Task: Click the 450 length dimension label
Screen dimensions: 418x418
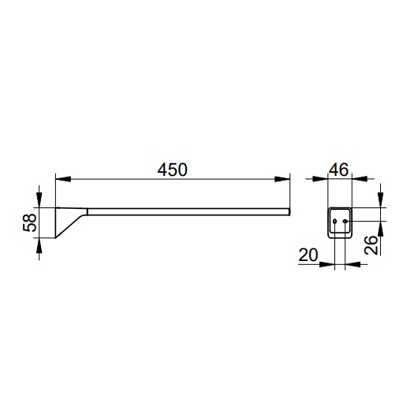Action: coord(172,170)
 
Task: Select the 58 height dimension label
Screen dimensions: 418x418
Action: coord(30,222)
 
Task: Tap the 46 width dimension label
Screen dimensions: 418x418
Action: coord(338,170)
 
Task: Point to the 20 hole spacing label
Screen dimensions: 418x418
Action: coord(308,255)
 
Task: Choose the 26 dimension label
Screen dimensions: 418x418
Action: coord(371,245)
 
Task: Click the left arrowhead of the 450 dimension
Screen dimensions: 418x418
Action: coord(63,179)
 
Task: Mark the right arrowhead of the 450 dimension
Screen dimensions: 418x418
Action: coord(282,179)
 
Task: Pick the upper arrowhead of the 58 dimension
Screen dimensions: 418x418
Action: coord(39,200)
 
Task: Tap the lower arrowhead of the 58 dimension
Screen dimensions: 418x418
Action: coord(39,245)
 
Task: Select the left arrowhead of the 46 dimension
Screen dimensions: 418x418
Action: coord(320,179)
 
